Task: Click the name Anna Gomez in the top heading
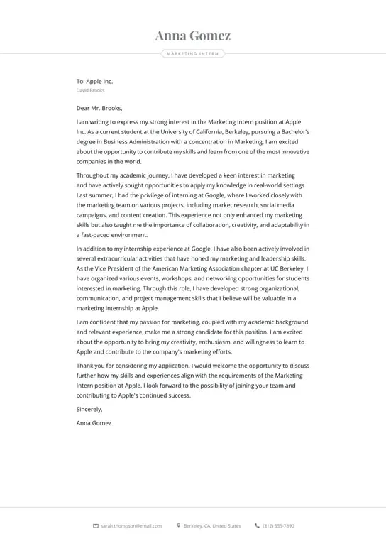click(193, 36)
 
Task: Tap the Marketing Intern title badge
click(193, 53)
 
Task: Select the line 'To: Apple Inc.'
click(94, 82)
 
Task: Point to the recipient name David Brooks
click(90, 91)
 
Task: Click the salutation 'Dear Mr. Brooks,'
click(99, 109)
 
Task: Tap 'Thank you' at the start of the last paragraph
click(90, 366)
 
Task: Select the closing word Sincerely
click(89, 409)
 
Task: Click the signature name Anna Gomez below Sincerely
click(94, 423)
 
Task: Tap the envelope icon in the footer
click(96, 526)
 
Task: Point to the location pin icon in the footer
click(179, 526)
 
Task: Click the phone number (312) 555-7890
click(278, 526)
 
